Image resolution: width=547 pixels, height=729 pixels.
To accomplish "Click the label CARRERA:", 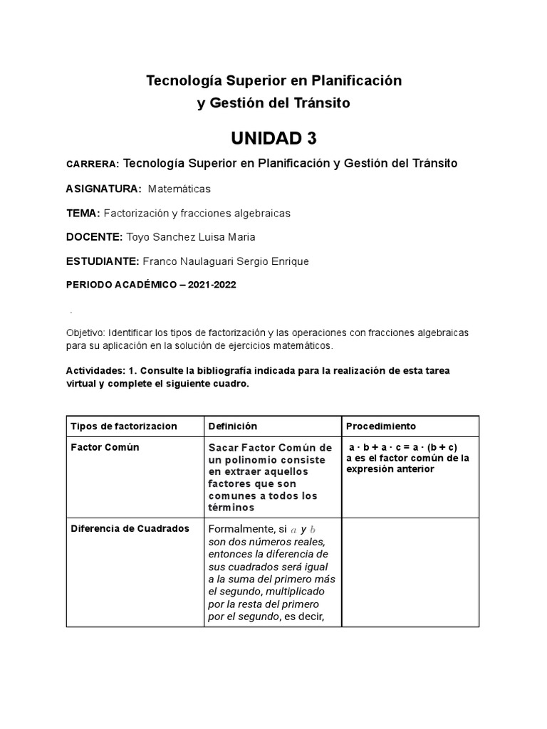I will [x=93, y=164].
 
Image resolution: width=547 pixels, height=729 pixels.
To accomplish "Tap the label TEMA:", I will [x=83, y=213].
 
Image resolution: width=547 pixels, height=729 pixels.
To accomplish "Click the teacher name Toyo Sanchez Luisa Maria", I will [x=190, y=237].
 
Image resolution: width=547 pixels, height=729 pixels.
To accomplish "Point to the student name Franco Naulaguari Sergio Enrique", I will [x=226, y=261].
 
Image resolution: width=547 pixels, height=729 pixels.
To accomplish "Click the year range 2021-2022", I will [x=212, y=285].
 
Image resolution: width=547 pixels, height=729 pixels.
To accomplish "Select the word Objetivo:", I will [x=85, y=333].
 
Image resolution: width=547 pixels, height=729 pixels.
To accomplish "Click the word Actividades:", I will [x=95, y=371].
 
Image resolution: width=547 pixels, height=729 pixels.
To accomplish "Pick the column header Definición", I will [x=232, y=426].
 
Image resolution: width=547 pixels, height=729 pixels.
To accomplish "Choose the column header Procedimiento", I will [x=380, y=426].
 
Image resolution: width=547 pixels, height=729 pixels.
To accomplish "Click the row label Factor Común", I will [x=105, y=447].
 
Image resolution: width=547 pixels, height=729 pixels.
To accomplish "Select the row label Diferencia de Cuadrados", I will [x=130, y=528].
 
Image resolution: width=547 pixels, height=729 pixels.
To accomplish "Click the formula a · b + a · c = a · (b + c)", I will [x=402, y=447].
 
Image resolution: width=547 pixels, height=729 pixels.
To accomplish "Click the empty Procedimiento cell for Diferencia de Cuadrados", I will [x=410, y=572].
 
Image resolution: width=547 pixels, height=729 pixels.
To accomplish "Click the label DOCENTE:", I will [x=94, y=237].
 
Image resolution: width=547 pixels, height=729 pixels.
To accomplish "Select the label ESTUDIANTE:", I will [x=103, y=261].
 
